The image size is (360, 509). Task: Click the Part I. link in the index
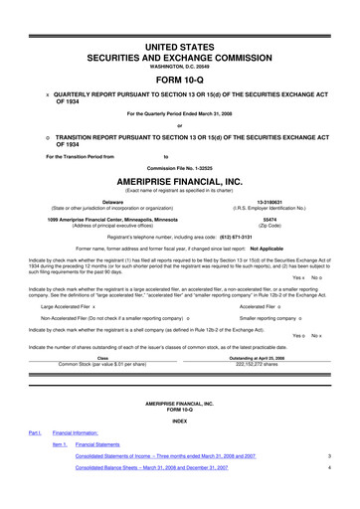pos(35,460)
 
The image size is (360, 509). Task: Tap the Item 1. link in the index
pos(60,471)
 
